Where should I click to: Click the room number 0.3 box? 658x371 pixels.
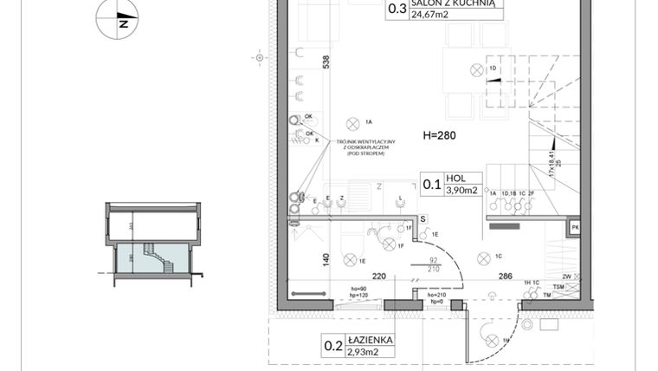click(397, 10)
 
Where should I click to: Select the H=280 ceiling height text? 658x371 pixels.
click(439, 135)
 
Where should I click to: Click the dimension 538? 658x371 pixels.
click(327, 62)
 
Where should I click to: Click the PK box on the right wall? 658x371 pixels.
click(574, 228)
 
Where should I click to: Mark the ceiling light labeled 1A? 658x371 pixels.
click(352, 123)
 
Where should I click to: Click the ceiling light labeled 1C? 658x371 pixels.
click(484, 257)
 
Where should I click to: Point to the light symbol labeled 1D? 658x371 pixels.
click(474, 69)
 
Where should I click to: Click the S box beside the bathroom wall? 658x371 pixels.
click(423, 219)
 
